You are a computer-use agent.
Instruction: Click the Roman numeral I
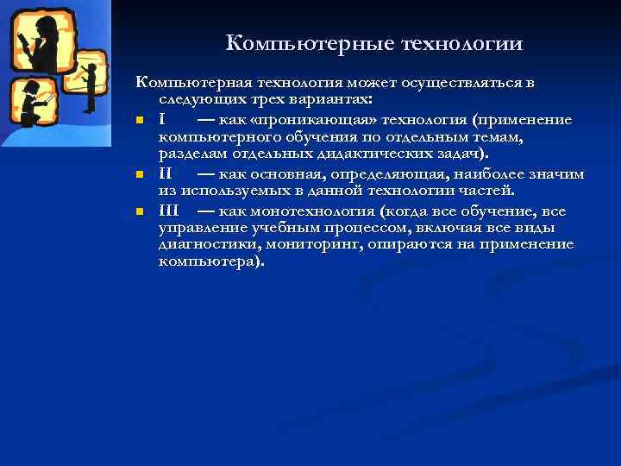pyautogui.click(x=162, y=117)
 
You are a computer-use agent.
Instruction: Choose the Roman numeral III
pyautogui.click(x=168, y=211)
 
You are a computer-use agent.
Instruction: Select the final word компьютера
pyautogui.click(x=210, y=261)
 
